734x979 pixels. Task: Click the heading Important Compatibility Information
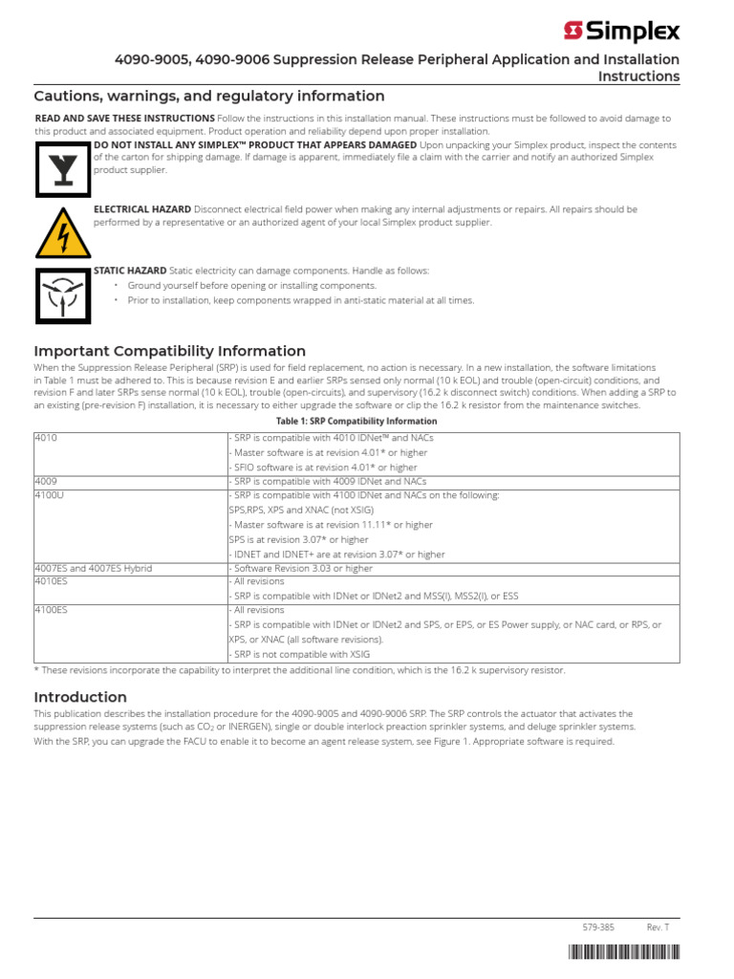coord(170,351)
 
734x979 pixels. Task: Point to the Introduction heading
coord(80,697)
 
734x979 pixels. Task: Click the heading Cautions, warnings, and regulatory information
coord(209,96)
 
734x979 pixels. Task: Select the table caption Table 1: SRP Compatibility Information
coord(356,421)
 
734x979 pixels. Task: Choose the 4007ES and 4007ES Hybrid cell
coord(94,568)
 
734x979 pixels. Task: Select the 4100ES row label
coord(53,610)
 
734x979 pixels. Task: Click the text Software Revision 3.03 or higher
coord(301,568)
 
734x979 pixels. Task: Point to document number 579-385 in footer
coord(598,927)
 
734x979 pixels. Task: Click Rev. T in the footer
coord(658,927)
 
